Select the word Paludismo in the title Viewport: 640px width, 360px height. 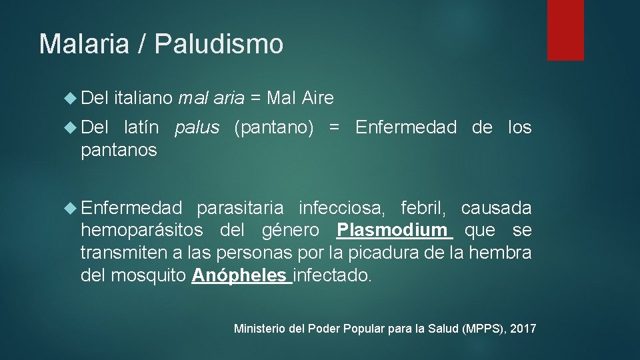point(219,44)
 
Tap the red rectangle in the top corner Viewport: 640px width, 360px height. point(565,30)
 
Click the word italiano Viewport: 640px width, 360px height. point(143,99)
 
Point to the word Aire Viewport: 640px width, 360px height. point(317,99)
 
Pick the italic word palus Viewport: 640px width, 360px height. point(197,127)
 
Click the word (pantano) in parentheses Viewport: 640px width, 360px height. point(274,127)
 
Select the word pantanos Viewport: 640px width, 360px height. point(119,151)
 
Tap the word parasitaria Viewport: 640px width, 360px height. point(239,209)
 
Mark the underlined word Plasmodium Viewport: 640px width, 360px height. point(392,231)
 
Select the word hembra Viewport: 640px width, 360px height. point(500,253)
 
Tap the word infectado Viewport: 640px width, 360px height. point(331,275)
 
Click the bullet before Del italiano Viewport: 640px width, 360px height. point(72,99)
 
